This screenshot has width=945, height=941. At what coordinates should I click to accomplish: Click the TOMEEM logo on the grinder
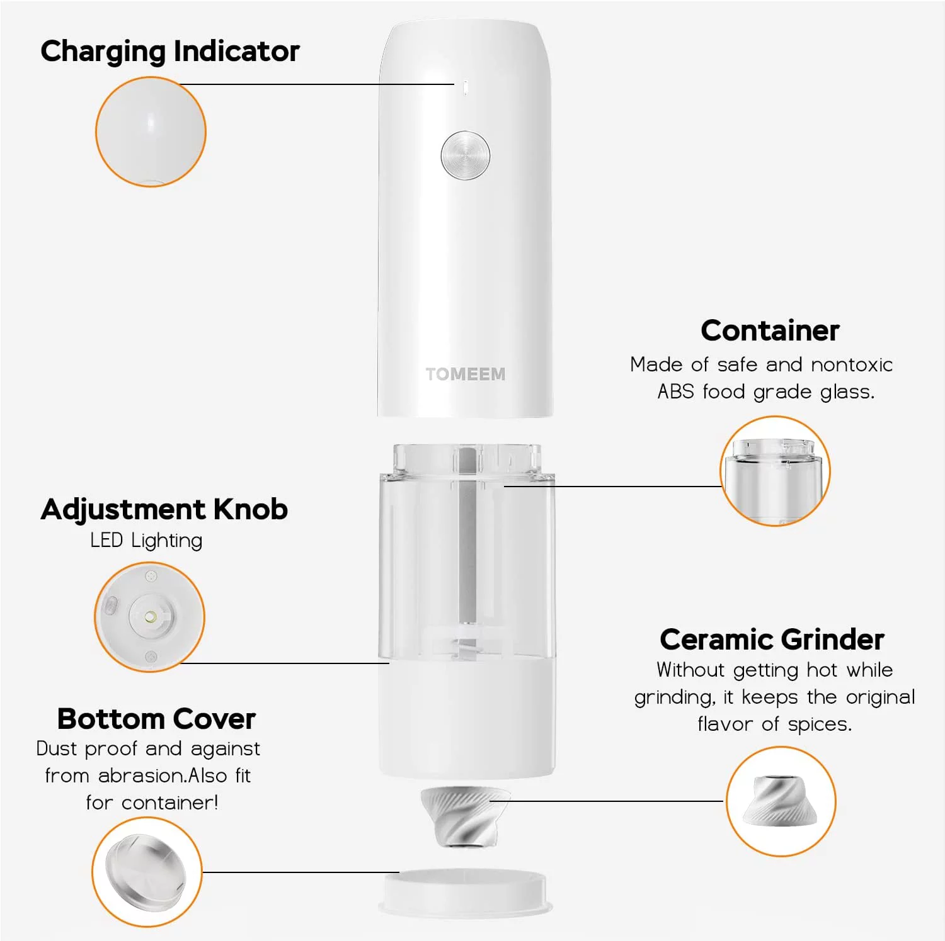coord(465,374)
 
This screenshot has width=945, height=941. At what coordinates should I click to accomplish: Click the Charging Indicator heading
coord(170,52)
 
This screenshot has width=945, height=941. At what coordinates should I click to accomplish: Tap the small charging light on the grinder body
coord(465,87)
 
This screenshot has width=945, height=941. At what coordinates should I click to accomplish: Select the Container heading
coord(770,330)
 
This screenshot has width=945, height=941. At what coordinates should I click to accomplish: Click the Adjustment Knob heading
coord(164,509)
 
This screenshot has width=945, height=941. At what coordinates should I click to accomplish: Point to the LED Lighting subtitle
coord(146,540)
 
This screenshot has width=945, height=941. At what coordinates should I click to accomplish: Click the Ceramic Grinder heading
coord(772,640)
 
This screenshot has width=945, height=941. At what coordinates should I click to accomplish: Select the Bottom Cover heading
coord(156,719)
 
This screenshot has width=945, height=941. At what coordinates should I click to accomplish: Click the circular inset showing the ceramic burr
coord(781,801)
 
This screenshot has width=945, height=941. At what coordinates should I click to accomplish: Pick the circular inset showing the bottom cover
coord(147,872)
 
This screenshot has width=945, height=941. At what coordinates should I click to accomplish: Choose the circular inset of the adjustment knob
coord(150,617)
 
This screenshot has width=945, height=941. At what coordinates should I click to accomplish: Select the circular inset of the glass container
coord(775,471)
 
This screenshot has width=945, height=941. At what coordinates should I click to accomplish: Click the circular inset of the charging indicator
coord(151,132)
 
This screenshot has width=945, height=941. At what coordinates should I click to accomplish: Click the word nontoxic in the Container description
coord(852,364)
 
